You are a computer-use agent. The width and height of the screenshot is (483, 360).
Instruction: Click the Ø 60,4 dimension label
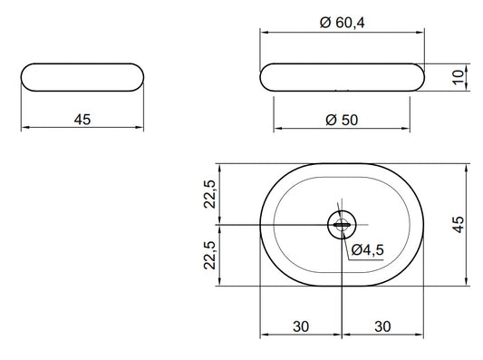[342, 23]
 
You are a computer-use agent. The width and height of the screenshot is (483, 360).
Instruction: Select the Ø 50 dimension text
[342, 120]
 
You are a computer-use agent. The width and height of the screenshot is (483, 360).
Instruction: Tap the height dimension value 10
[459, 77]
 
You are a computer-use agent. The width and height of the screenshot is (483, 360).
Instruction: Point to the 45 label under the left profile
[82, 120]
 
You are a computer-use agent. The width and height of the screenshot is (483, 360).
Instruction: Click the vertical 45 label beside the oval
[459, 224]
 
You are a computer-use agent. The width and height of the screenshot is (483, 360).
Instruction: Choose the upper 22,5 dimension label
[210, 194]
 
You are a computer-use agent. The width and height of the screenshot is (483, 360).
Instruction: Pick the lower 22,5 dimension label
[210, 255]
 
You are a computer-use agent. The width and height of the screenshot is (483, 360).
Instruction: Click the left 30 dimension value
[301, 326]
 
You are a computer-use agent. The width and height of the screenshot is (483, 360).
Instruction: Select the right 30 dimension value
[382, 326]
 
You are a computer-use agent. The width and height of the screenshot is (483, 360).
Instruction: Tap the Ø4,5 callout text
[368, 249]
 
